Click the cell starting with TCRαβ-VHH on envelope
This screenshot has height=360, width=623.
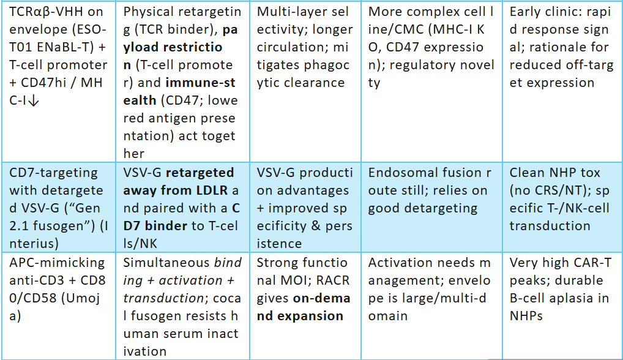[58, 81]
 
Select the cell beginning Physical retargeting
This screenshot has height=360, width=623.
[182, 81]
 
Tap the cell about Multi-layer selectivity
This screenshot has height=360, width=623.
[305, 81]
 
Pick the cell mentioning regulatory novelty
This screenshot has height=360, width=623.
[431, 81]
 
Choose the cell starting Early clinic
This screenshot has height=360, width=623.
[562, 81]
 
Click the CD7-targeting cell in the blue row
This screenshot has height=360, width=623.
[58, 207]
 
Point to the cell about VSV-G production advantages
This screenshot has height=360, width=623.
[305, 207]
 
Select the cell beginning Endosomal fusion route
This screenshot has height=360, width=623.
[431, 207]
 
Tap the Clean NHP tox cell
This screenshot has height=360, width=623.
[562, 207]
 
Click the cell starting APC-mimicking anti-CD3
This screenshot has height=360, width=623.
[58, 306]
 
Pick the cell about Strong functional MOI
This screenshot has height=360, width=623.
[305, 306]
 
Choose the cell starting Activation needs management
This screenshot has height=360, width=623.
[431, 306]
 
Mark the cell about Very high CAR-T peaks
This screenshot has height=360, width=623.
[562, 306]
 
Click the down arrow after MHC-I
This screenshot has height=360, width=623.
[34, 101]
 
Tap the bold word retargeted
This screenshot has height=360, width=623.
[200, 173]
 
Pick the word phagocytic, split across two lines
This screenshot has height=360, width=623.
[303, 74]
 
